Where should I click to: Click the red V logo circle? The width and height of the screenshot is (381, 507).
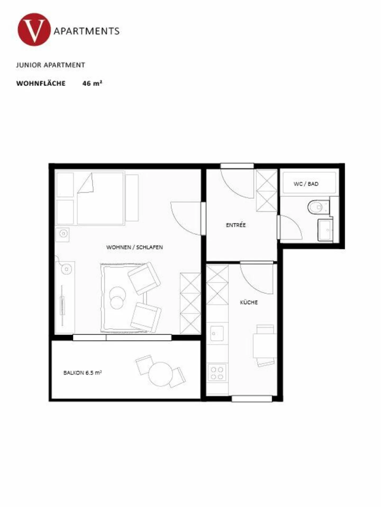34,30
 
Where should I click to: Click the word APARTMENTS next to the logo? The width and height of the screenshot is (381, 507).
87,31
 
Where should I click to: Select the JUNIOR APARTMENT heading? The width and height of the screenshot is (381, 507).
50,65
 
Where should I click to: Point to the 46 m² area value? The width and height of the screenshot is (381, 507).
92,83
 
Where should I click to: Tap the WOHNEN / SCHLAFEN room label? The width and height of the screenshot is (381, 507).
134,247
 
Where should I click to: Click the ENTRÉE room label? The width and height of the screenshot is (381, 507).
236,225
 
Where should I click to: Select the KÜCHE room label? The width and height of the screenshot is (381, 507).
249,302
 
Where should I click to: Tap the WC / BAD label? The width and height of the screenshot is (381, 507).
306,184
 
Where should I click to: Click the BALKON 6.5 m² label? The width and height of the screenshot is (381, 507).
83,373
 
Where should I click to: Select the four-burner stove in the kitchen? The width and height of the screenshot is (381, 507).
217,373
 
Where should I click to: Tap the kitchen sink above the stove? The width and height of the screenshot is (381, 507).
217,334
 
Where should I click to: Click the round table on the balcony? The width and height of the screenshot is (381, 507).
160,374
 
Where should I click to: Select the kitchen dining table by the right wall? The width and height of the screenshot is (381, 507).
265,346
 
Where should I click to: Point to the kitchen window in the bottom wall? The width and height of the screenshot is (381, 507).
252,398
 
